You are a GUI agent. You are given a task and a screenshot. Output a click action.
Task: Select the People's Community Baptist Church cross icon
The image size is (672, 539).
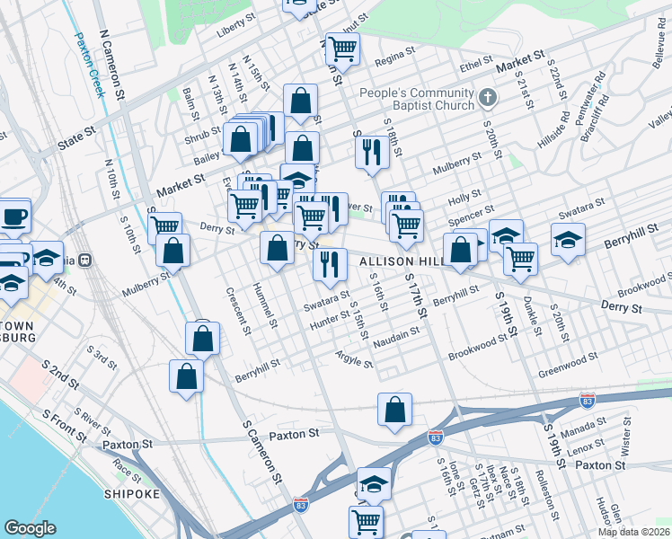pyautogui.click(x=486, y=96)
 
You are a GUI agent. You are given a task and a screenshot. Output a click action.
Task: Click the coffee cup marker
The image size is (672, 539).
pyautogui.click(x=15, y=216)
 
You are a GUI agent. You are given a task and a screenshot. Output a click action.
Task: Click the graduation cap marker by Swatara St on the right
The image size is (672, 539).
pyautogui.click(x=569, y=240)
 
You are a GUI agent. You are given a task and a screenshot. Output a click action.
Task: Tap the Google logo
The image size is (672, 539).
pyautogui.click(x=30, y=527)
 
